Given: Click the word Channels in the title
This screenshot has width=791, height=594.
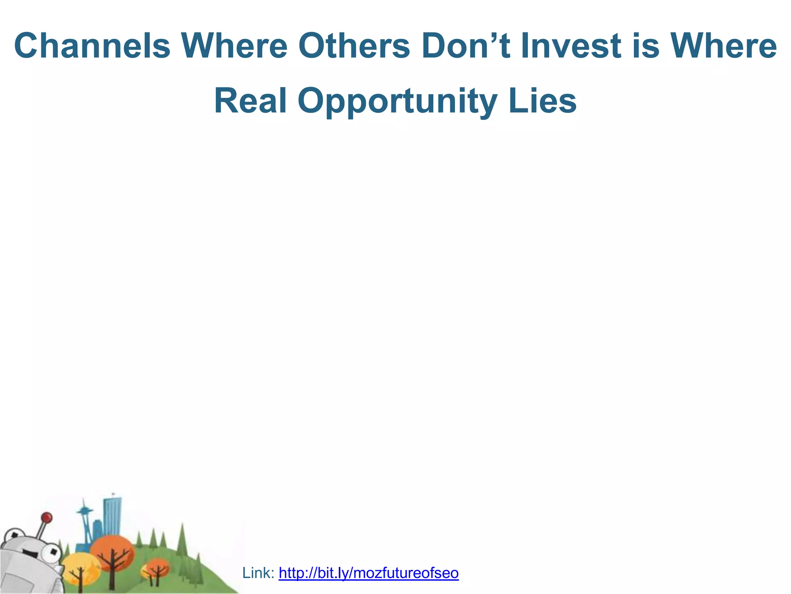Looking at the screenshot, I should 92,46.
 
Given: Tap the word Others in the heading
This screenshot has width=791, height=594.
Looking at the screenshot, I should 353,46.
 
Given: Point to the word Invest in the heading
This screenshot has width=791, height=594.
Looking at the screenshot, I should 571,46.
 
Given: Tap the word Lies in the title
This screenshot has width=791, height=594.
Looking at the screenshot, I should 542,101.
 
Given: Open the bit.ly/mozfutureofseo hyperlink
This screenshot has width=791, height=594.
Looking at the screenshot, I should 368,573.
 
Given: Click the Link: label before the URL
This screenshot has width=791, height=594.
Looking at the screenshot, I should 258,573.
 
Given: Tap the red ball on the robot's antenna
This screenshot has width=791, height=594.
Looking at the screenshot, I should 47,517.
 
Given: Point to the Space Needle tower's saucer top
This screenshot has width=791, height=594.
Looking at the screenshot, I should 84,512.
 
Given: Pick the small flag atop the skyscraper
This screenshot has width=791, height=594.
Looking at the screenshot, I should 114,494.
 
